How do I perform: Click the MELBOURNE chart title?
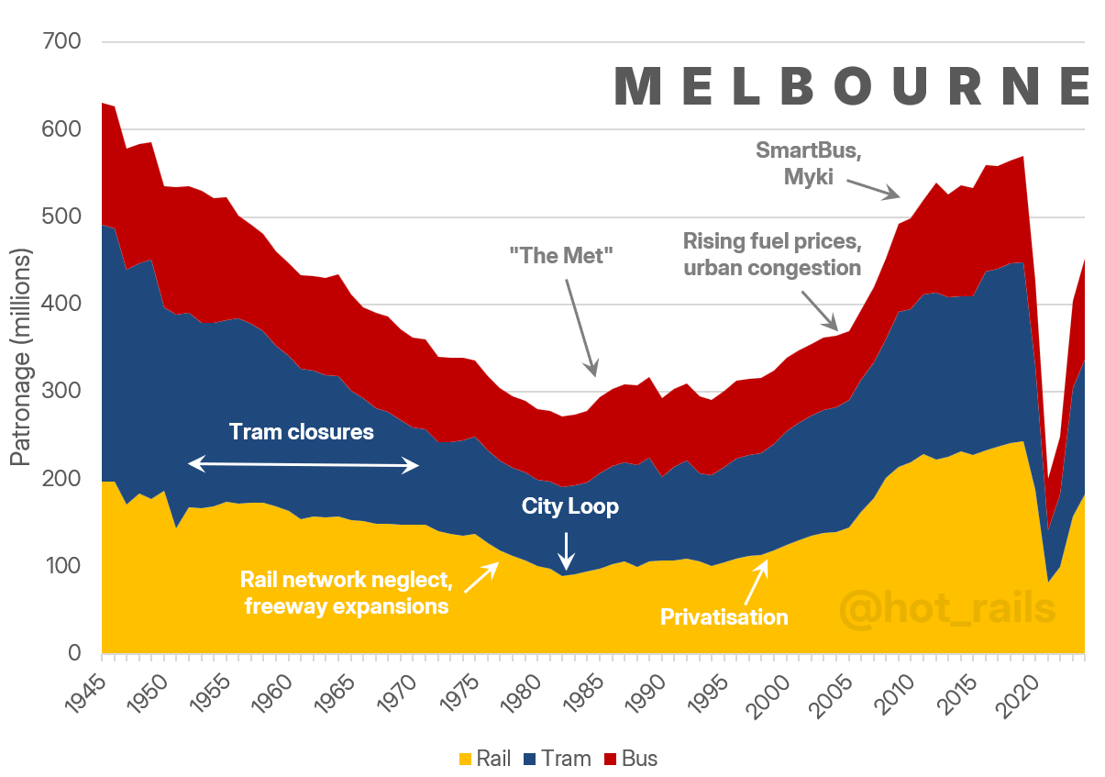point(851,86)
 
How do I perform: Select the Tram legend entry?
point(557,759)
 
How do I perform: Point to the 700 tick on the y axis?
point(61,42)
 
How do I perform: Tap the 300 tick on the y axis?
point(61,392)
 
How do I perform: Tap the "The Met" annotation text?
point(558,255)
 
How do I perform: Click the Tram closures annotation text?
point(302,431)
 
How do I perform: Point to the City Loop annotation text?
point(570,506)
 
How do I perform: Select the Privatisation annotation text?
point(724,616)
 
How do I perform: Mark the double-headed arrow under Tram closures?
point(304,466)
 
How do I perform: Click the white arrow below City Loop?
point(567,550)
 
